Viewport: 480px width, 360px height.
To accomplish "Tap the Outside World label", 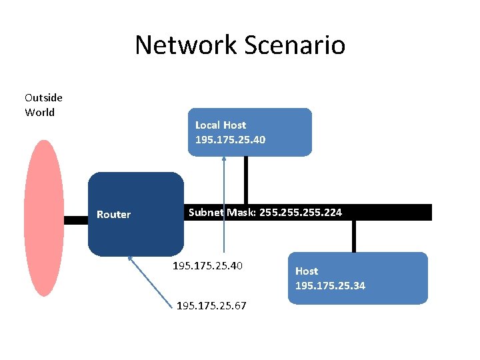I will [43, 105].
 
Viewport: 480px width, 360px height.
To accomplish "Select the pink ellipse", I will [43, 218].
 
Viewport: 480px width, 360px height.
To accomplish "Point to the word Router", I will [113, 215].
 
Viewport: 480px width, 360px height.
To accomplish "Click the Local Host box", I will [280, 132].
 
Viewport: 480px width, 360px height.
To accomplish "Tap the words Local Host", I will [220, 125].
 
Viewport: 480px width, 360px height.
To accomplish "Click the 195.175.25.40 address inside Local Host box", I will [229, 140].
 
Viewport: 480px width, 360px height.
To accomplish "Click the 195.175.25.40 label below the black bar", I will [207, 266].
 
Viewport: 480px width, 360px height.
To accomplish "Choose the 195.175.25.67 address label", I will [211, 306].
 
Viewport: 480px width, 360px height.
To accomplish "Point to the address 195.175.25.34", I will [330, 286].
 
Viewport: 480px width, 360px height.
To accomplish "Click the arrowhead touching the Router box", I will [130, 259].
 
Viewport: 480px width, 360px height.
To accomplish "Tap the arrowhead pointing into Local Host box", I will [224, 159].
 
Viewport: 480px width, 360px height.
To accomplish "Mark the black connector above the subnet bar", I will [245, 180].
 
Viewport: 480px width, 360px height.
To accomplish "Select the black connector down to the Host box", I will [354, 236].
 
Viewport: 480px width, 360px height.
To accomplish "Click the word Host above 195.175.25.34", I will [307, 271].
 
